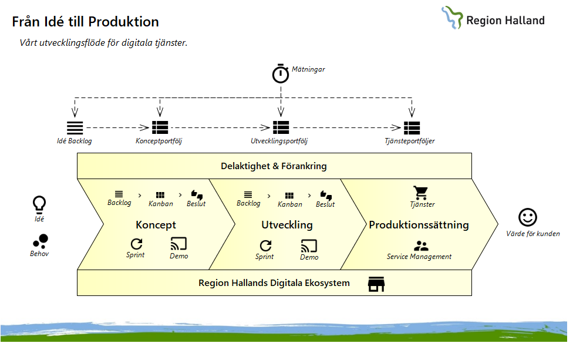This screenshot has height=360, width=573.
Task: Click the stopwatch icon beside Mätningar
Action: pos(281,73)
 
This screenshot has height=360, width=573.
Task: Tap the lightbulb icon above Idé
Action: pos(39,204)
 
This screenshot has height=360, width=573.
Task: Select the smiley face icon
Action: pos(528,217)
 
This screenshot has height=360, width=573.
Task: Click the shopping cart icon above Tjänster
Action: pos(420,193)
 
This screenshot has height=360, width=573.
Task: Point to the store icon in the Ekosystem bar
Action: pos(376,284)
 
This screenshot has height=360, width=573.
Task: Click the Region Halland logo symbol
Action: pos(452,18)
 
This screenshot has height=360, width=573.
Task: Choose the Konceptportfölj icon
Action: pos(160,127)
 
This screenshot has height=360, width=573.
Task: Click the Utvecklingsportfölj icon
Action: pos(281,127)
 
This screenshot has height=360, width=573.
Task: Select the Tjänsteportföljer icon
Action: pos(412,127)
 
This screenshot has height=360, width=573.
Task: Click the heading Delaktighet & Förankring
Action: pos(274,166)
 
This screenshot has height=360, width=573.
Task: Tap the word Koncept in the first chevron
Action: pos(156,225)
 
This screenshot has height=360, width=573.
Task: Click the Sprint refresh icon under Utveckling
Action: pos(265,245)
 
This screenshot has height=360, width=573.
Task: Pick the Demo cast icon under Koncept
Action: pos(178,244)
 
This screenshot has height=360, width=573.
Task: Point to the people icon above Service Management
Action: pos(420,246)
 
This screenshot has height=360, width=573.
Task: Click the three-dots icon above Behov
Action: pos(40,241)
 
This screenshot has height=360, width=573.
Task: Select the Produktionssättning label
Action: pos(419,225)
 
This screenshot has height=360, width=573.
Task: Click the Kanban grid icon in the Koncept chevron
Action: pos(160,195)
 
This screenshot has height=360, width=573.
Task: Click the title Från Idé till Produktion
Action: pos(86,22)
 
